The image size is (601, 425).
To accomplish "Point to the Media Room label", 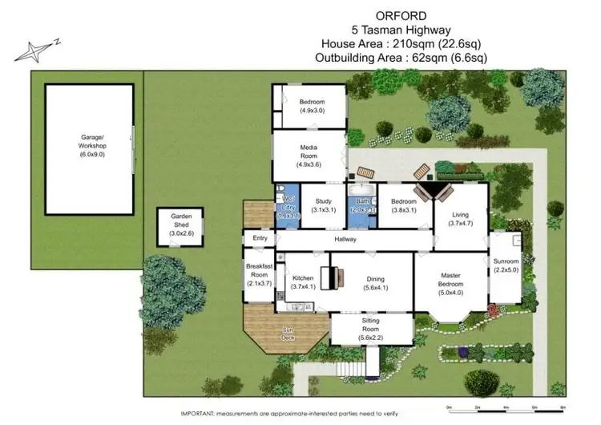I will [309, 154].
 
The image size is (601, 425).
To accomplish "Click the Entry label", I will [260, 238].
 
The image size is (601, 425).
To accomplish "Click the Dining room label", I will [375, 281].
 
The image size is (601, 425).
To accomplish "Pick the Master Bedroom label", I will [450, 281].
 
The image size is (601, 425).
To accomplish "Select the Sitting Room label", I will [369, 330].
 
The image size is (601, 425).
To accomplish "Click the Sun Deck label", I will [287, 334].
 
